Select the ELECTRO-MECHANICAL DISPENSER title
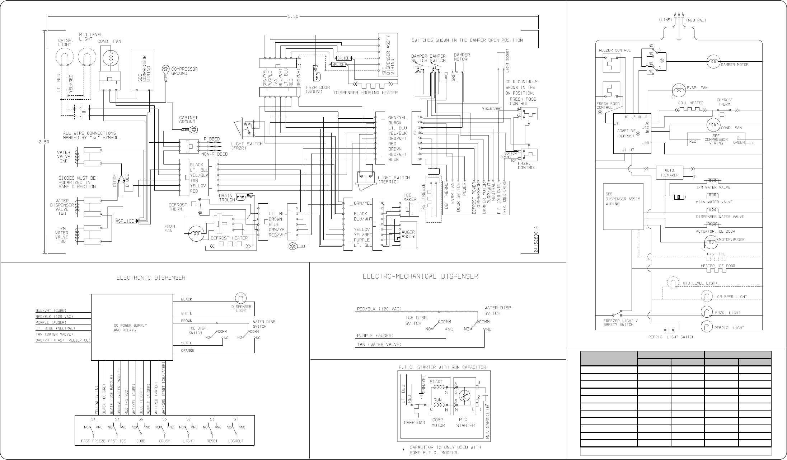click(x=420, y=276)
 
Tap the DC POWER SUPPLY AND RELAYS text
click(x=130, y=328)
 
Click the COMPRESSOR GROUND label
click(x=184, y=71)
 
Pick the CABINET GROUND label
click(x=188, y=120)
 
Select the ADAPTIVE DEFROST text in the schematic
click(x=626, y=133)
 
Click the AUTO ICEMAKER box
click(x=669, y=172)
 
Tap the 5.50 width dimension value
click(x=293, y=16)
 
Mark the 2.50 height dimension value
click(x=44, y=142)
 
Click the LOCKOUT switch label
click(x=236, y=441)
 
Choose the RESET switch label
click(x=212, y=441)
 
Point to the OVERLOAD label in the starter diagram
click(x=414, y=423)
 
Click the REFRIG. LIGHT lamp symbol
click(x=706, y=327)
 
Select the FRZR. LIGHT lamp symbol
click(x=706, y=312)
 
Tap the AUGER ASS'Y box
click(x=408, y=235)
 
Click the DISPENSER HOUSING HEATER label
click(x=366, y=93)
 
